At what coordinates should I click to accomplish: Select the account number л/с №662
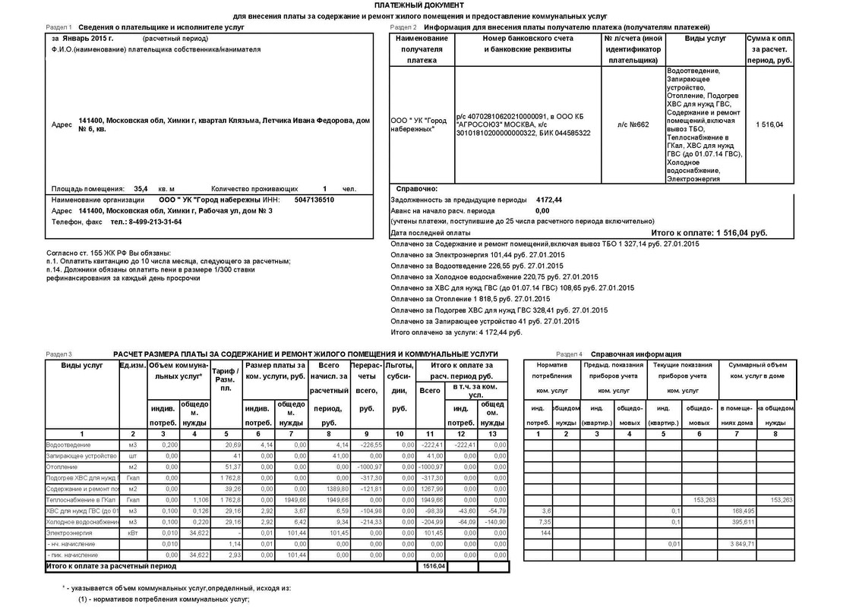coord(633,125)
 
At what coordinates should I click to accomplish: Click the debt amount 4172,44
coord(548,200)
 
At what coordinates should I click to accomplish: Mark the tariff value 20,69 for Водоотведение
coord(232,444)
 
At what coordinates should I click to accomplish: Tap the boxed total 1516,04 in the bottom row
coord(434,566)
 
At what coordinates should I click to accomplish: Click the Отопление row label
coord(62,467)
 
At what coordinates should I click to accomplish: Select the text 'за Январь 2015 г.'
coord(82,38)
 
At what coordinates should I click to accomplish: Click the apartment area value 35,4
coord(141,189)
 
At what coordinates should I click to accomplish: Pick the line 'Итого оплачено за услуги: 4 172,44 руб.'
coord(456,332)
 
